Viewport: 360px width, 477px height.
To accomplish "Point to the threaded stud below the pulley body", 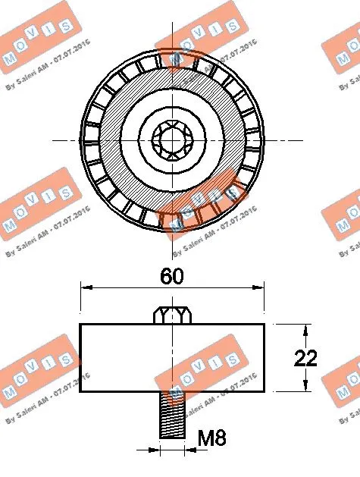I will pyautogui.click(x=172, y=415).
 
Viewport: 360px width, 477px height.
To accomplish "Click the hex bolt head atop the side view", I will pyautogui.click(x=172, y=314).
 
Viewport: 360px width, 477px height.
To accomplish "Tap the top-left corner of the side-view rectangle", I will pyautogui.click(x=80, y=324).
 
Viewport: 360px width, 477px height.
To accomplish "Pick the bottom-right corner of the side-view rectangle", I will pyautogui.click(x=265, y=392).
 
